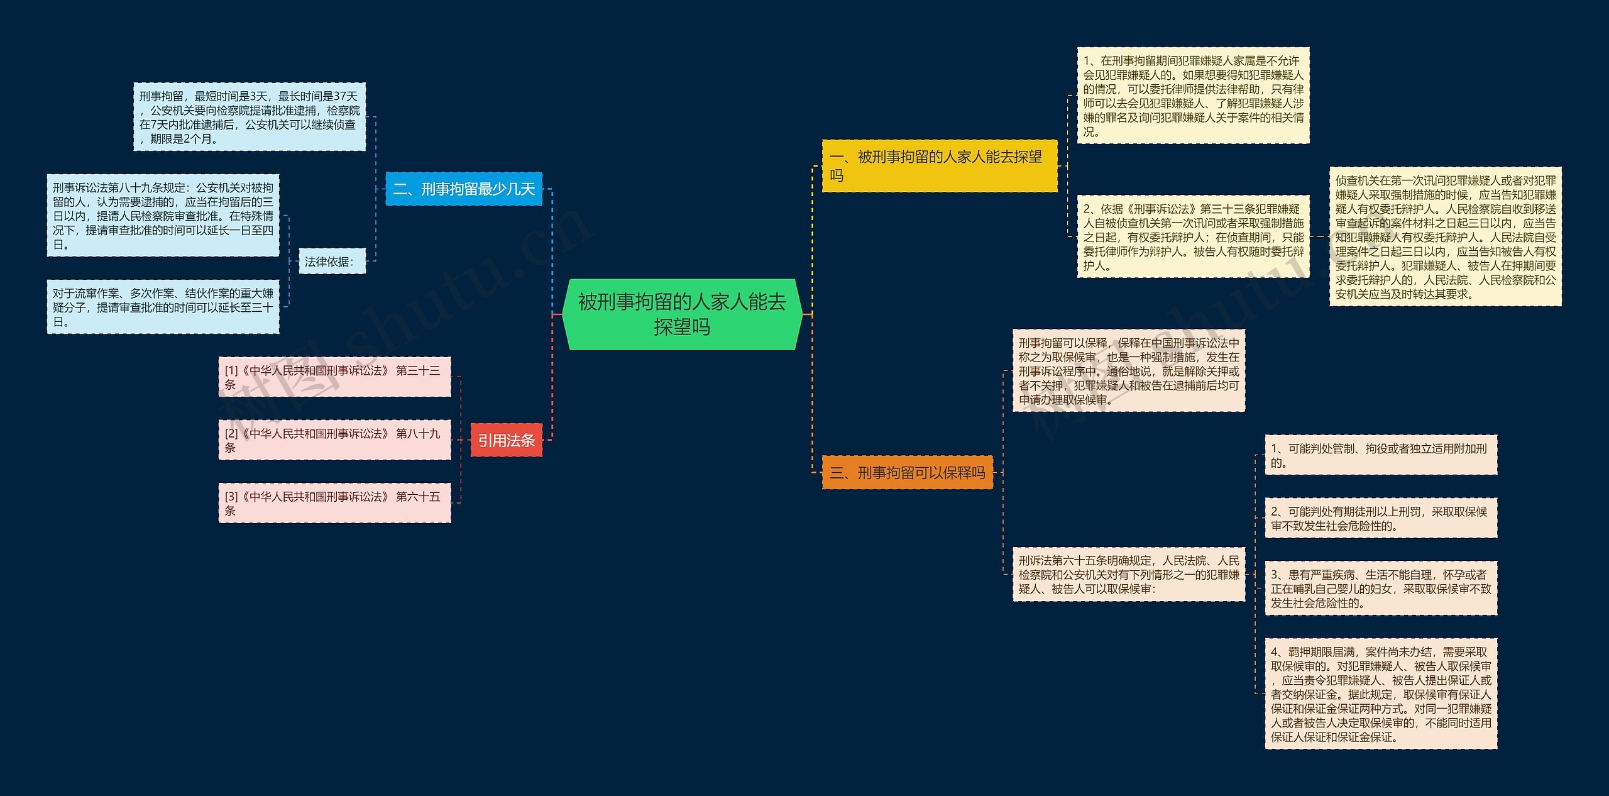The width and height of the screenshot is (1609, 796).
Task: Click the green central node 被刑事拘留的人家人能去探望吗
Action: point(682,314)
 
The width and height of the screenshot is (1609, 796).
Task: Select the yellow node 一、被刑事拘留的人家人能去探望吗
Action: point(939,166)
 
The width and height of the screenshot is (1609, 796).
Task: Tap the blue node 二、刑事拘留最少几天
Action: point(464,189)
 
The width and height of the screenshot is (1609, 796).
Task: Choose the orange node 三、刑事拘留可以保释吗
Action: point(907,472)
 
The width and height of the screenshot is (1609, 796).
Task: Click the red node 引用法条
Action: point(506,440)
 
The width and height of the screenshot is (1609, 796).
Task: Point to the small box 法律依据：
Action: point(331,262)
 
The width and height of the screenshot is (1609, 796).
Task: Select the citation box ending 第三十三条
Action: point(334,377)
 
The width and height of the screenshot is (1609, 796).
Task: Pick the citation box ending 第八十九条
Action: point(334,440)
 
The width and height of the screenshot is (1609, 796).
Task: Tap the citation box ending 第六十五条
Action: point(334,503)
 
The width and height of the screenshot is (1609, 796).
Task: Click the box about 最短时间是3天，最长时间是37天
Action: point(249,117)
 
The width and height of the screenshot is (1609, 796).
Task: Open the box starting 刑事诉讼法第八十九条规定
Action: point(163,216)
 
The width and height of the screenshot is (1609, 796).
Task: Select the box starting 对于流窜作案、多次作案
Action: point(163,307)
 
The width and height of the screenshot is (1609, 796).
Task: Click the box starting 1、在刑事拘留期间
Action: point(1193,96)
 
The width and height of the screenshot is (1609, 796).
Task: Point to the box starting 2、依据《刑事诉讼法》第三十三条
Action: point(1193,236)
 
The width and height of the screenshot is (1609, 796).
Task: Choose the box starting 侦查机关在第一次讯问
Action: point(1445,236)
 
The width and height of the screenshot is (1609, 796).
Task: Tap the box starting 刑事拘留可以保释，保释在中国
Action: point(1128,371)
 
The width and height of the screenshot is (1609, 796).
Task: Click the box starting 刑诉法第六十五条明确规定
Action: point(1128,575)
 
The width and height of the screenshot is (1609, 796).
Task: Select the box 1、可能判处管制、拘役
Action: point(1380,455)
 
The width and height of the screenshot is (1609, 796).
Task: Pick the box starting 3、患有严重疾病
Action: point(1380,589)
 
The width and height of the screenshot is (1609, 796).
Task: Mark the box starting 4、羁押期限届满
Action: point(1380,694)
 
